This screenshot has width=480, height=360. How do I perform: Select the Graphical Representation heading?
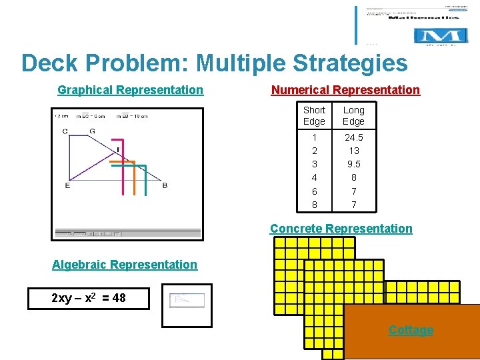130,90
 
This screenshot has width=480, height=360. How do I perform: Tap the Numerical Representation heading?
345,90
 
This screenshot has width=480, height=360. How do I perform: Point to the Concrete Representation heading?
341,229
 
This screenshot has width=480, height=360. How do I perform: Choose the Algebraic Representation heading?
125,265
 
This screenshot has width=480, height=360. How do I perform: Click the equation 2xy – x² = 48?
89,298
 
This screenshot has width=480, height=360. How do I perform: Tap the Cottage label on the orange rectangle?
411,330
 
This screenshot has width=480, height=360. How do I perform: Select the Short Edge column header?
314,115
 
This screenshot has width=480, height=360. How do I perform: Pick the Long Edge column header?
353,115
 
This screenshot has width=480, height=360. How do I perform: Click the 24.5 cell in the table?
353,137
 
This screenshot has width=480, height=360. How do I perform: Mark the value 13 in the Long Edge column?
353,151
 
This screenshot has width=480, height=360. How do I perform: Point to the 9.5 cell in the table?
353,164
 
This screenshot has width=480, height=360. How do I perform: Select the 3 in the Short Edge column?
314,164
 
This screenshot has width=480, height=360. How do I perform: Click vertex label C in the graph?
65,131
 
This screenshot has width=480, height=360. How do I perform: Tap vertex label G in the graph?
92,131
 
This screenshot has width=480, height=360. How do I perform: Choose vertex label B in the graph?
165,185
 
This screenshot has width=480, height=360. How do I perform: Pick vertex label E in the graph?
67,185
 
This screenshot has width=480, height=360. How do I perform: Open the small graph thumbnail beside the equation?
187,305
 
